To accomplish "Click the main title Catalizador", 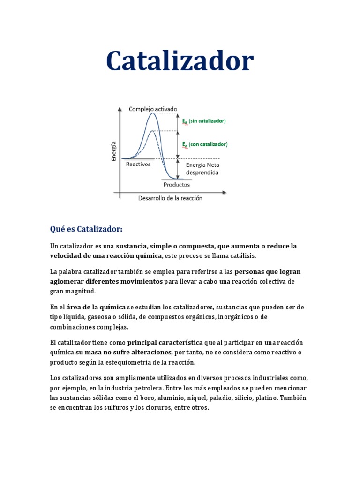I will pyautogui.click(x=180, y=61).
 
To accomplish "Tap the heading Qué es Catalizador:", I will pyautogui.click(x=86, y=229).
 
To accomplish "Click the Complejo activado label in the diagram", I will pyautogui.click(x=153, y=109).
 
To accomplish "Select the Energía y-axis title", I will pyautogui.click(x=114, y=151).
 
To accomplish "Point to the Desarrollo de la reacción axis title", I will pyautogui.click(x=170, y=198).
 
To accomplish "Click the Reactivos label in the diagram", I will pyautogui.click(x=138, y=165).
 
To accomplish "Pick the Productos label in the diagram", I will pyautogui.click(x=176, y=184).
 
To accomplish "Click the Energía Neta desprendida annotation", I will pyautogui.click(x=202, y=169).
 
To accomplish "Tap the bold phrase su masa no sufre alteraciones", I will pyautogui.click(x=123, y=352).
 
